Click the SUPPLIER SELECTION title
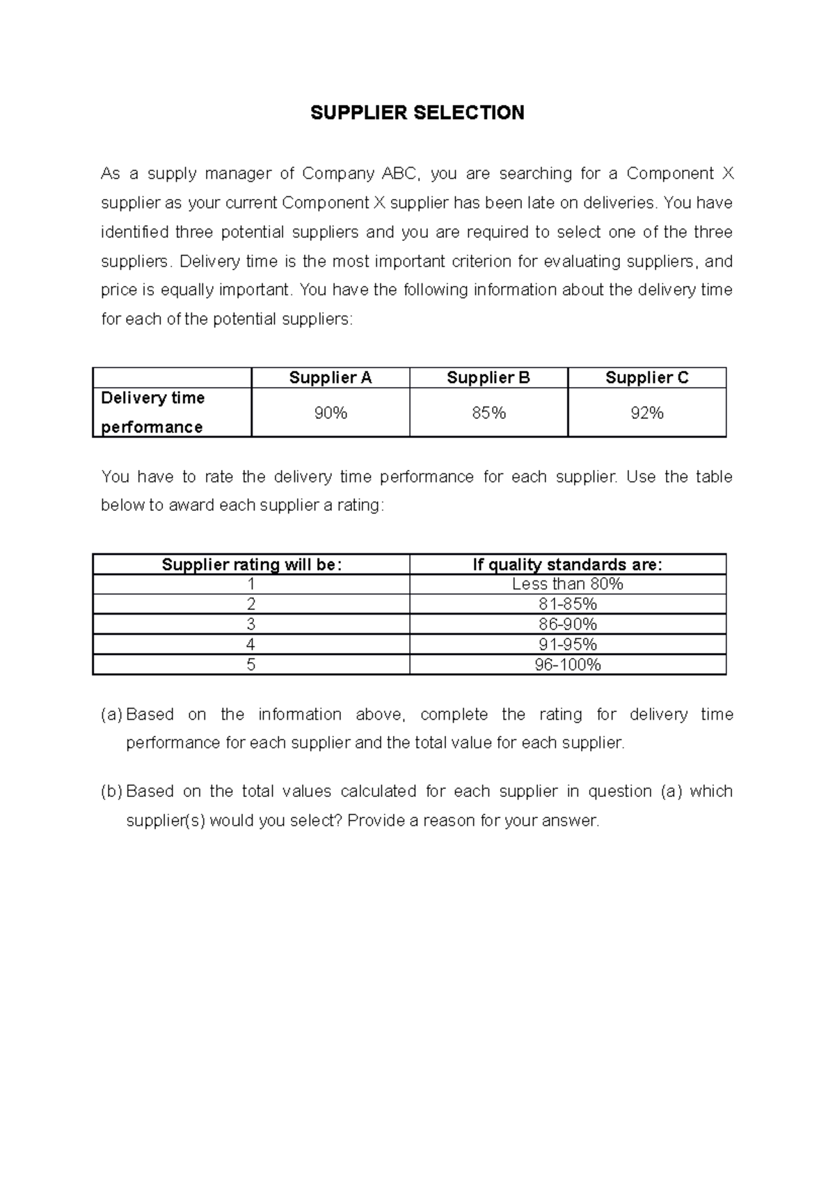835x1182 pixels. (417, 113)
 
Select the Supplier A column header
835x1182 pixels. (330, 378)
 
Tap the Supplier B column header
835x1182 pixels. (488, 378)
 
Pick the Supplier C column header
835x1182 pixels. (646, 378)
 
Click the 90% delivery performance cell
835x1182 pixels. (330, 413)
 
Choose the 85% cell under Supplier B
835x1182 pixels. (488, 413)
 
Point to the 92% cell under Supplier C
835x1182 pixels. (646, 413)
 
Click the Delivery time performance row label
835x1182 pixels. (153, 412)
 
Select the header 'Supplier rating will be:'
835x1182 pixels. (251, 565)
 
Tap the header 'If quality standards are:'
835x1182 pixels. (567, 565)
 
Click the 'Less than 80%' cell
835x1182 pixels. (567, 584)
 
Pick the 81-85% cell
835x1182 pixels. (567, 604)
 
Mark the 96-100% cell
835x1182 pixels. (567, 665)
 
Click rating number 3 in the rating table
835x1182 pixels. (251, 624)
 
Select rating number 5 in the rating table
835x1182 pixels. (251, 665)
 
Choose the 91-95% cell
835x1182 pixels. (567, 645)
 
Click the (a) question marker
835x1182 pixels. (111, 715)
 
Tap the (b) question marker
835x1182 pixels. (111, 791)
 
